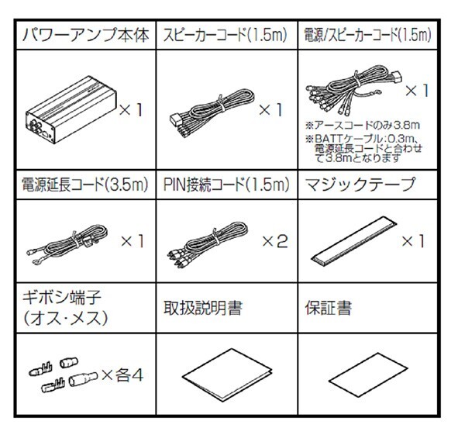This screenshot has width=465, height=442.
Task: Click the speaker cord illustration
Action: click(x=207, y=110)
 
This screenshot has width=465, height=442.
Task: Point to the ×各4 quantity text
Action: click(x=124, y=376)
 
